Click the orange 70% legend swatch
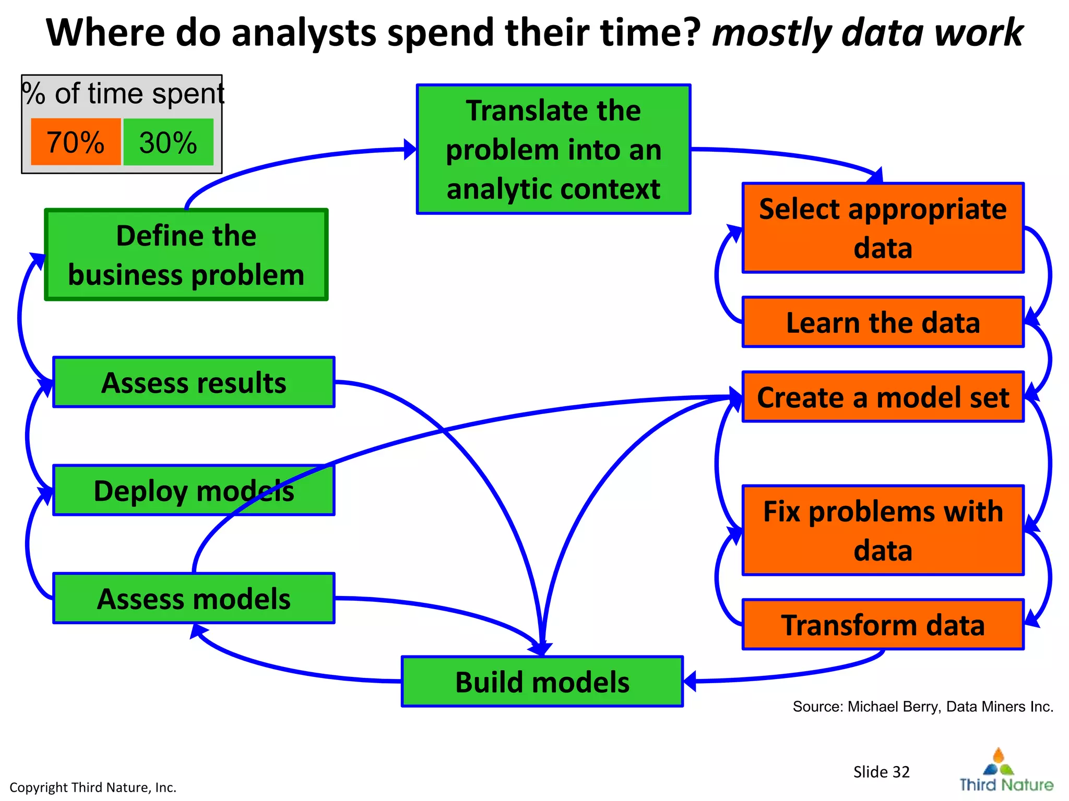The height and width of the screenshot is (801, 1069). (x=76, y=142)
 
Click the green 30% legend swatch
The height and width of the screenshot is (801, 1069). (x=168, y=142)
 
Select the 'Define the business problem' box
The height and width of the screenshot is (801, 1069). (x=186, y=255)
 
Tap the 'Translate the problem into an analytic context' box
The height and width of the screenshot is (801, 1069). (x=553, y=150)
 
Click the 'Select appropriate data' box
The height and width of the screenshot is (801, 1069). (x=883, y=228)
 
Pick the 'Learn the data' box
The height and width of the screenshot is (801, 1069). (x=883, y=322)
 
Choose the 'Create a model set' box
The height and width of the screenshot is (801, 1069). (x=883, y=397)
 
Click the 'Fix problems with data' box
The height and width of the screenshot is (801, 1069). (x=883, y=530)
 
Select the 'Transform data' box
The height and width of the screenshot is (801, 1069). (x=883, y=625)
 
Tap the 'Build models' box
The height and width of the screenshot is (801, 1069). (x=542, y=682)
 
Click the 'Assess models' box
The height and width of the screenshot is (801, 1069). (x=194, y=598)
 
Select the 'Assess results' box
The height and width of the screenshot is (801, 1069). (x=194, y=382)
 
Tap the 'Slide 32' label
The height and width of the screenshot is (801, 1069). (x=881, y=772)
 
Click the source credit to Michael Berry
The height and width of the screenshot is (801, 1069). (x=922, y=707)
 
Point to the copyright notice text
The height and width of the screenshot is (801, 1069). (x=93, y=787)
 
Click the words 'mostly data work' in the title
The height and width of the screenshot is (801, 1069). (x=867, y=32)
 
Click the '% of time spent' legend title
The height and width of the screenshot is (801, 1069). (x=123, y=94)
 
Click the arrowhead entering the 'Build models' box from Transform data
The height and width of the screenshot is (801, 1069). (x=690, y=681)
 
